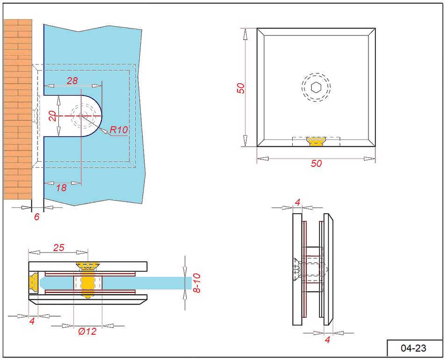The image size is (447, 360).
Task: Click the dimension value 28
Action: [72, 80]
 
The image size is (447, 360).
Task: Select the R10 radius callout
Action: [118, 130]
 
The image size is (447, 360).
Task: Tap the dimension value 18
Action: [61, 188]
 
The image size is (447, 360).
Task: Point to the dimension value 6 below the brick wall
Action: [37, 217]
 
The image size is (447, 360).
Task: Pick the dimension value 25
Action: [58, 248]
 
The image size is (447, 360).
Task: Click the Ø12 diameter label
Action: [87, 331]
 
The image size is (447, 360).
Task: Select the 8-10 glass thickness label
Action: [197, 283]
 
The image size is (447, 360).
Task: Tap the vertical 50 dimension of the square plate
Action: [241, 88]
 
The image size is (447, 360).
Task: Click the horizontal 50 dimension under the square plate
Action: [317, 164]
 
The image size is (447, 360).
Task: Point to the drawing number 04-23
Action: [414, 348]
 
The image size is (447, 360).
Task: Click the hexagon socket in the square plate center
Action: [316, 87]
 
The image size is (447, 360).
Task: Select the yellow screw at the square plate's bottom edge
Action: [316, 141]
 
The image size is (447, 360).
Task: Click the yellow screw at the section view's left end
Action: [34, 282]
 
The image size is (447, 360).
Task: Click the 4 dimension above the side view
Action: [297, 202]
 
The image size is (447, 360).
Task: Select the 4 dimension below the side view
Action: [327, 340]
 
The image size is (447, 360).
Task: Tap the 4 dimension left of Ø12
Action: [32, 321]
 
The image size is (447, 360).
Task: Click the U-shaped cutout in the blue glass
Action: [70, 115]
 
